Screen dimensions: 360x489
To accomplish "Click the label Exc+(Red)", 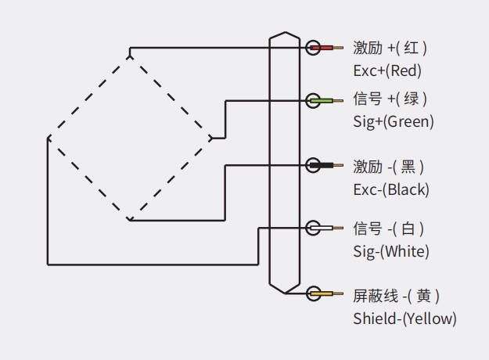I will click(387, 71).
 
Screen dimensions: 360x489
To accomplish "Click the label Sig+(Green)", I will click(394, 122).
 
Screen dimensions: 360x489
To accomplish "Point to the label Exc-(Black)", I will click(391, 189).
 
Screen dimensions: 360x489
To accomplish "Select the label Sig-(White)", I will click(391, 252).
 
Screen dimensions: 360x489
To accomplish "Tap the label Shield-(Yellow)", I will click(405, 319).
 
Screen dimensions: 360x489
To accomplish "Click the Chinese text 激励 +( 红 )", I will click(390, 49).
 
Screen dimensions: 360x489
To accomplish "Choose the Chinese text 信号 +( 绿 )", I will click(390, 99).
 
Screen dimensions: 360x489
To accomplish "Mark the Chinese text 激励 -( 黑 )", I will click(389, 167).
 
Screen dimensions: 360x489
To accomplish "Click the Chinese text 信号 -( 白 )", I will click(389, 229).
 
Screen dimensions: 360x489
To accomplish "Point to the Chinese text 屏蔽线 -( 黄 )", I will click(397, 296).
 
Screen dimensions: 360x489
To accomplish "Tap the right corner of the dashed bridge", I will click(210, 139).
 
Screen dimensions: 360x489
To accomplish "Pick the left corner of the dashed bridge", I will click(49, 139).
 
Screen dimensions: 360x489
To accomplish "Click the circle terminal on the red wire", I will click(314, 48).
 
